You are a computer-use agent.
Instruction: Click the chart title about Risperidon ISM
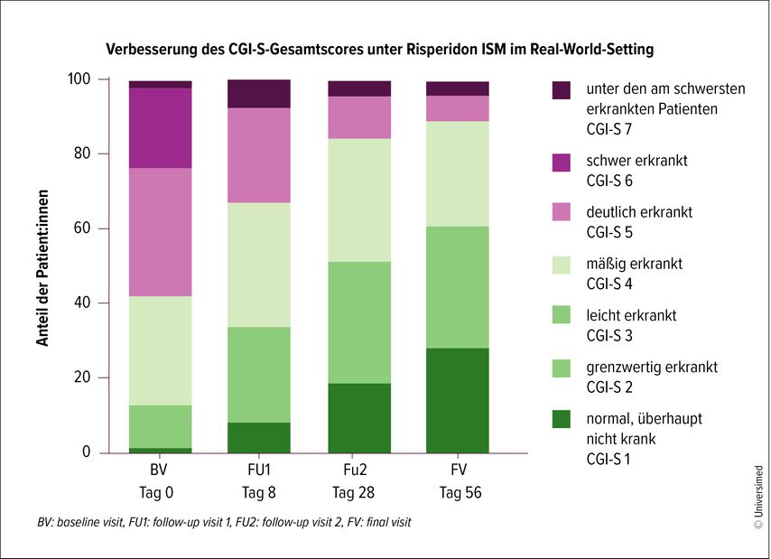(x=380, y=49)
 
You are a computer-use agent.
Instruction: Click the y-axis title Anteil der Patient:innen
(x=42, y=266)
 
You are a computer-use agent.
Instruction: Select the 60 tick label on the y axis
(x=82, y=228)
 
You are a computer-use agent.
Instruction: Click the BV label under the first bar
(x=160, y=471)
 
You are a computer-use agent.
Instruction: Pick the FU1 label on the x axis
(x=258, y=471)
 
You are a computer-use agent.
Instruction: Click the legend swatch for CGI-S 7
(x=562, y=90)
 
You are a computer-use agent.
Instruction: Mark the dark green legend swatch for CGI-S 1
(x=562, y=419)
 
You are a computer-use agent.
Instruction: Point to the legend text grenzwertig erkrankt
(x=651, y=368)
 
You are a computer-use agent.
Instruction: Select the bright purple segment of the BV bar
(x=160, y=127)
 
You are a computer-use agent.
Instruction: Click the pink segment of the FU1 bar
(x=258, y=155)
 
